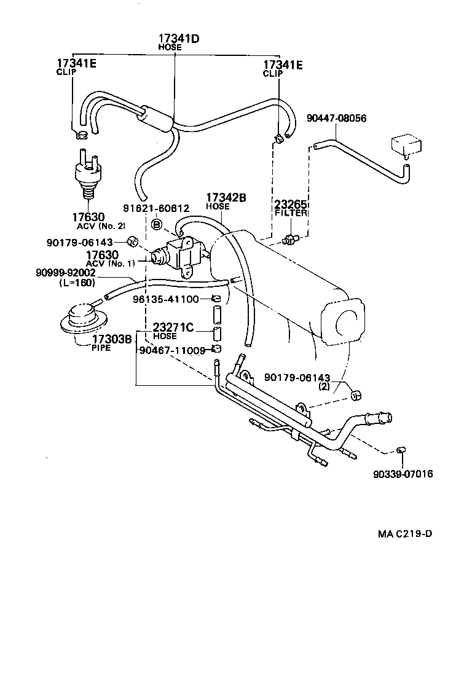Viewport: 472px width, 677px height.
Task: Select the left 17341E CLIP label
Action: tap(76, 67)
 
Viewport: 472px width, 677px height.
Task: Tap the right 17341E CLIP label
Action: tap(282, 67)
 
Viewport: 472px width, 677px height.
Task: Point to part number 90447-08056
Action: tap(336, 118)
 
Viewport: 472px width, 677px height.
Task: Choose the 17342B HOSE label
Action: tap(226, 201)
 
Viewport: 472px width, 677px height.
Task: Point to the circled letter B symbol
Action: tap(157, 224)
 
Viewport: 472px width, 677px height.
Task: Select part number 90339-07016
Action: tap(402, 474)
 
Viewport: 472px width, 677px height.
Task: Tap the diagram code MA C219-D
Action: tap(404, 533)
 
